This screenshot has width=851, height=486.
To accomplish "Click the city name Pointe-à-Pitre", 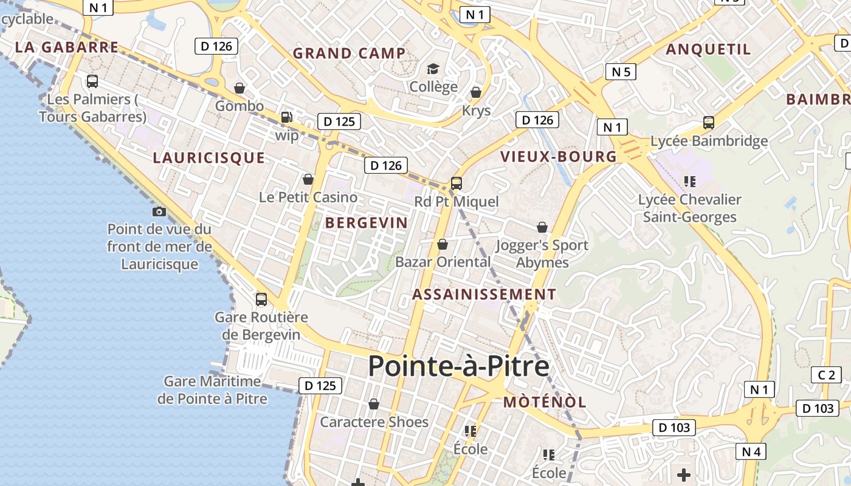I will pos(458,366).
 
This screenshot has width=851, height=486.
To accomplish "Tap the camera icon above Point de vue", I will pos(159,211).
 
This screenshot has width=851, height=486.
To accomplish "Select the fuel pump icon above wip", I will pos(286,117).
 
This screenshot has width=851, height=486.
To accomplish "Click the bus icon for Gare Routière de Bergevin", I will pos(261,299).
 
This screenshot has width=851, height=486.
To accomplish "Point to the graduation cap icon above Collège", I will pos(433,69).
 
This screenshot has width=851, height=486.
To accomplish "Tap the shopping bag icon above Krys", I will pos(476,92).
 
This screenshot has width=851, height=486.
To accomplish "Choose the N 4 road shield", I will pos(751,451).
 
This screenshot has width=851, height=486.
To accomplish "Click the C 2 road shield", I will pos(826,375).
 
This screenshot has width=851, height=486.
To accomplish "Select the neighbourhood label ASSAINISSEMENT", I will pos(484,295).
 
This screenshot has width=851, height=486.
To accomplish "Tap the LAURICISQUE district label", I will pos(208,158).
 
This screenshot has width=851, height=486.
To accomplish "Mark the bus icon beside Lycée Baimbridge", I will pos(709,123).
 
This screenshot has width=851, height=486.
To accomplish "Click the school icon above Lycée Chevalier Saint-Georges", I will pos(689,181).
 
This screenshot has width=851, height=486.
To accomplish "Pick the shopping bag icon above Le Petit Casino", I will pos(308,179).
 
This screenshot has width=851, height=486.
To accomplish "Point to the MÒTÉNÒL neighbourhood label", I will pos(545,402).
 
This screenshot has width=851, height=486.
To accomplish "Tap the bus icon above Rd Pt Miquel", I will pos(456,183).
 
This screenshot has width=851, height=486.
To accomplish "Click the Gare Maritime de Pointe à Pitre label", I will pos(212,390).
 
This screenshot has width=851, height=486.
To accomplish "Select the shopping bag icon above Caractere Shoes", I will pos(374,404).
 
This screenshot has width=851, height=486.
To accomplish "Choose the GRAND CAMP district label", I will pos(349,53).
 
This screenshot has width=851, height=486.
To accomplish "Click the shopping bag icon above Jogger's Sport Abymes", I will pos(542,227).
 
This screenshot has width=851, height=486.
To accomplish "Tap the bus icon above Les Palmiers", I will pos(92,81).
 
